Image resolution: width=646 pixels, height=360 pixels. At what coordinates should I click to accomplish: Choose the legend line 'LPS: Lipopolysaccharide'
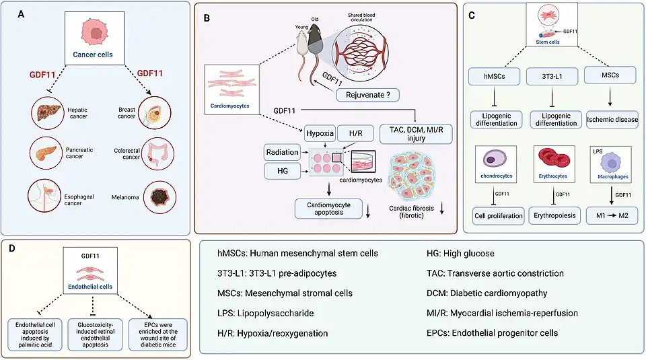click(x=261, y=314)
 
